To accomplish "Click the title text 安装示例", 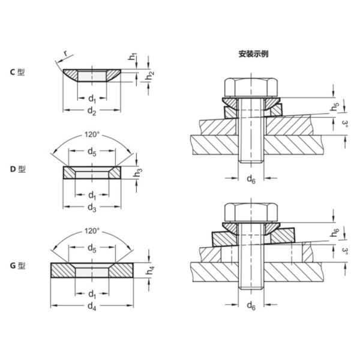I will tap(253, 53).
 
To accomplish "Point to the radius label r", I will tap(64, 55).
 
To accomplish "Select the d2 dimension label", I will tap(92, 111).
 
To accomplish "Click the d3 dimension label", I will tap(92, 207).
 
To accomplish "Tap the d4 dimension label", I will tap(92, 306).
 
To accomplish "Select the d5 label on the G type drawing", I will tap(92, 248).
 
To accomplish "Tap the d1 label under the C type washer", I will tap(92, 98).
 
